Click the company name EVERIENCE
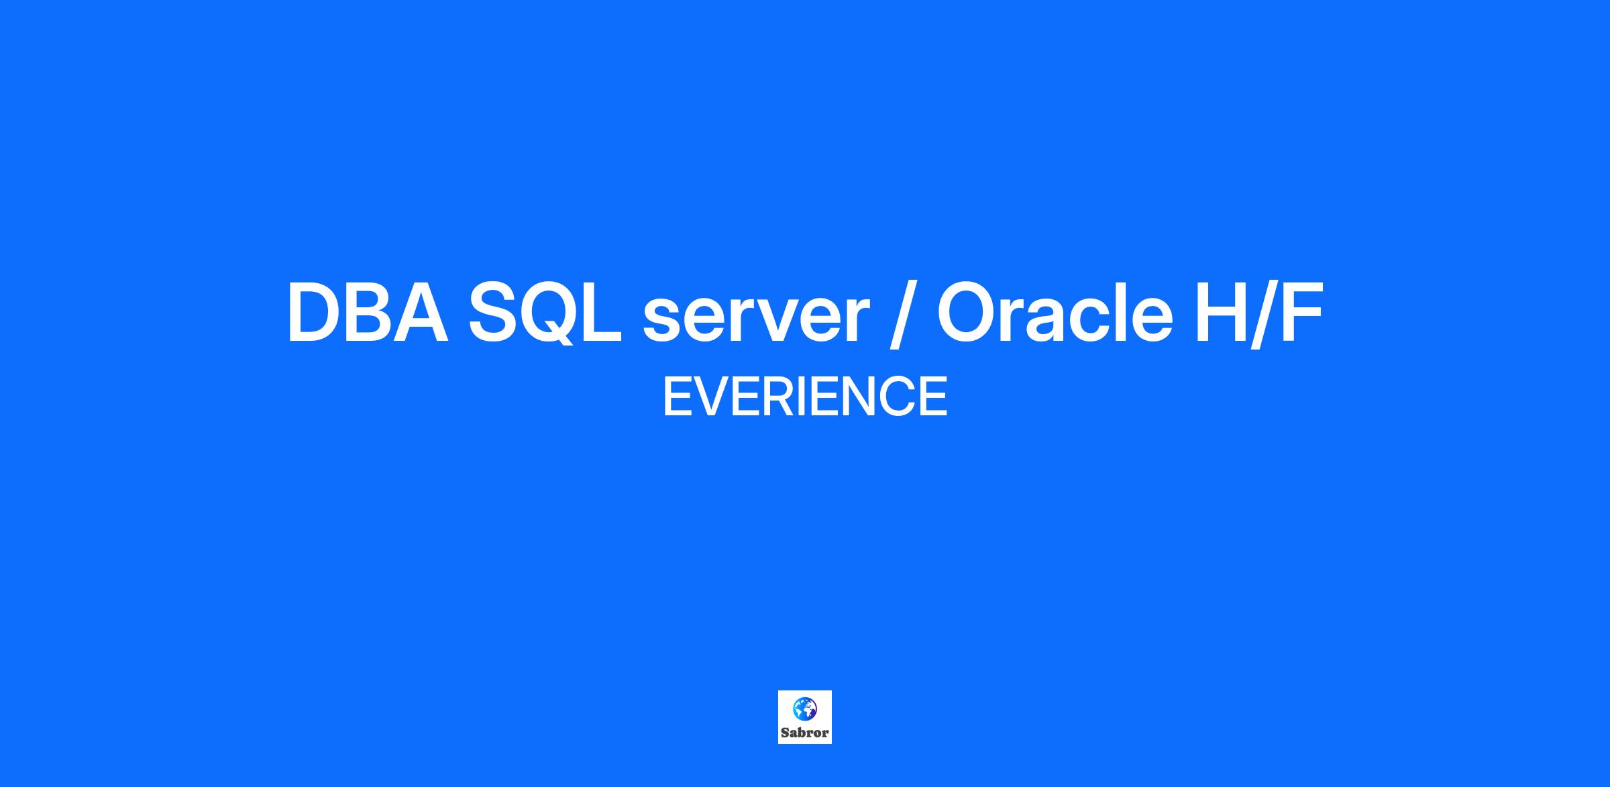point(805,397)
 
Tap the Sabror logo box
point(805,717)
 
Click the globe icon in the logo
point(804,709)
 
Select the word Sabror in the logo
point(805,733)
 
